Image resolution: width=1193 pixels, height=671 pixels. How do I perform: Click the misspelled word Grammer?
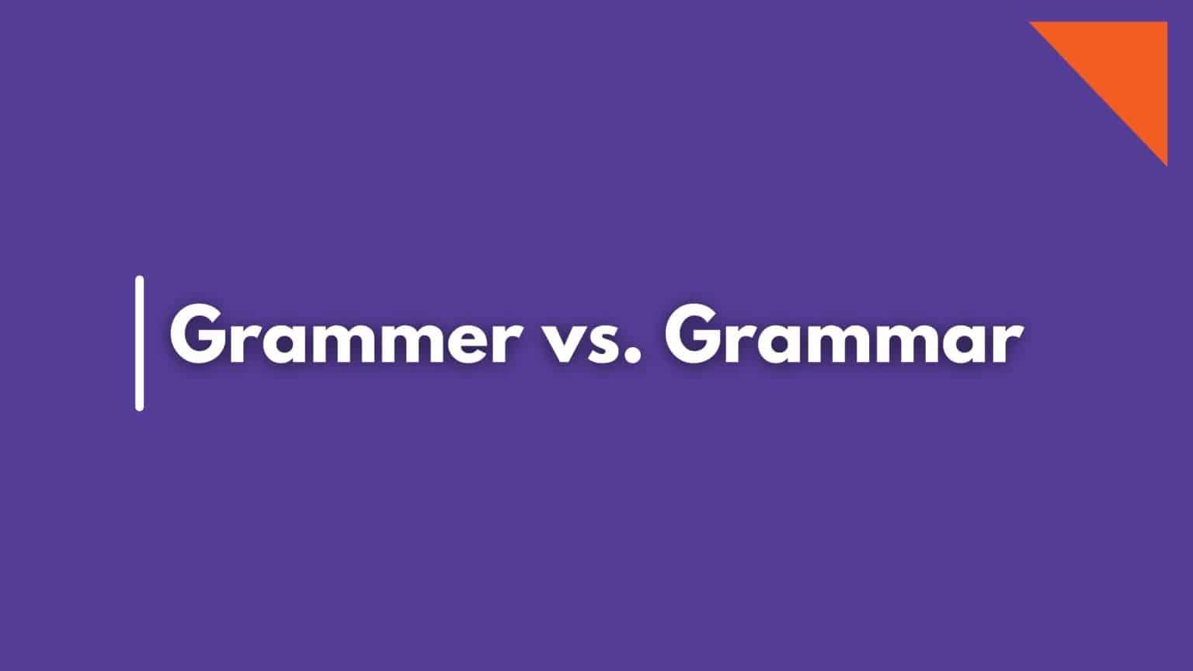(x=345, y=334)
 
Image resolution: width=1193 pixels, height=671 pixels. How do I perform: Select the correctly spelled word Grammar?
(x=843, y=334)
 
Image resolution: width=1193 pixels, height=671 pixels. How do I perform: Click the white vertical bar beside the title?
(x=140, y=343)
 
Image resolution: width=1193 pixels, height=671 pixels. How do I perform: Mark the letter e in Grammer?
(x=458, y=342)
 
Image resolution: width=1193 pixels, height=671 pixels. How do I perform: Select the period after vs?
(x=633, y=356)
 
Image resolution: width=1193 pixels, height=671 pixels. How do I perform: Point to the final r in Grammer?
(x=506, y=341)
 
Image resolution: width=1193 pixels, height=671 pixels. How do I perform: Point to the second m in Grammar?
(x=899, y=341)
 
